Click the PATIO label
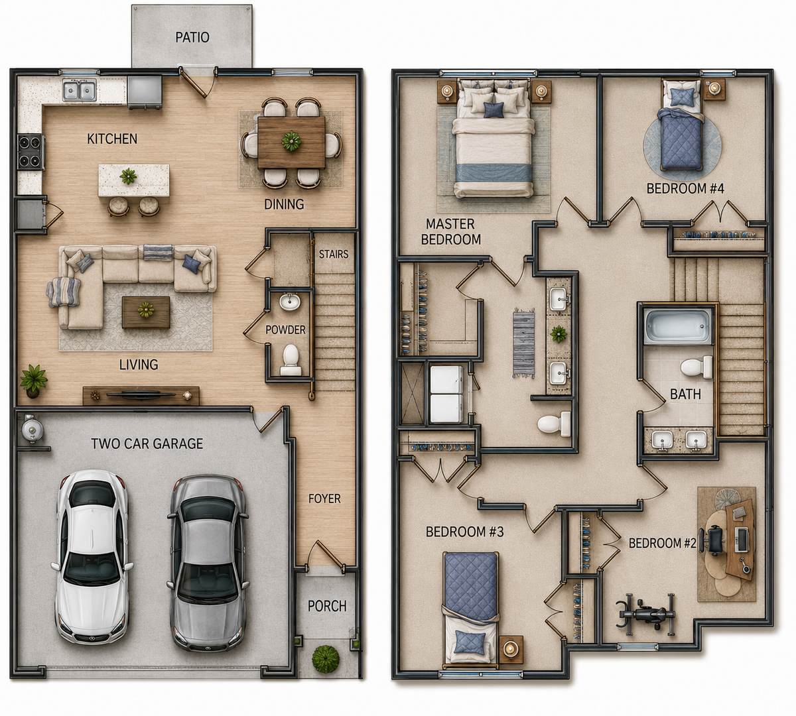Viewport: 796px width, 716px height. click(x=192, y=37)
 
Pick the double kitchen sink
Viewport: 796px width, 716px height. click(x=80, y=90)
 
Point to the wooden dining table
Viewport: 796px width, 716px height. click(x=291, y=142)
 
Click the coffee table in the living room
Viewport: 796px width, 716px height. click(x=146, y=312)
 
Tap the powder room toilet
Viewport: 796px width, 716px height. click(x=291, y=360)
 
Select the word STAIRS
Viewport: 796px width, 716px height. click(x=334, y=254)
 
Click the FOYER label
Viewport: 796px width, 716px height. click(x=324, y=499)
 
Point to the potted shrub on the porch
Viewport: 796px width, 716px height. click(x=326, y=657)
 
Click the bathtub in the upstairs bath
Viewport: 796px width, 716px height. click(x=677, y=326)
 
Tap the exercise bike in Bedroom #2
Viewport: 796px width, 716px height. click(x=645, y=615)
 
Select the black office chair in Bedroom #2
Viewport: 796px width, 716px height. click(x=714, y=540)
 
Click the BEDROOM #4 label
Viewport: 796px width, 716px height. click(x=685, y=188)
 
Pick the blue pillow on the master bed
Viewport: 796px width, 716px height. click(x=494, y=109)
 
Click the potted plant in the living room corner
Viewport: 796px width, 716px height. click(x=34, y=380)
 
